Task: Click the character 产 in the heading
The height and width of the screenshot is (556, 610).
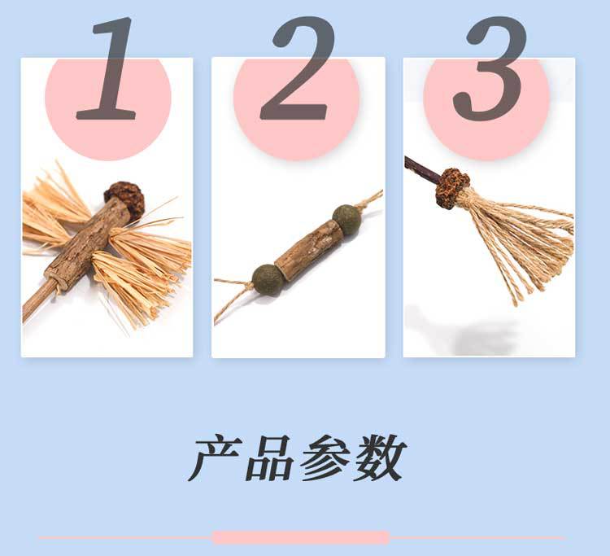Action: pos(216,458)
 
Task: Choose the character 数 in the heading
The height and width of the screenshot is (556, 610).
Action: pos(377,458)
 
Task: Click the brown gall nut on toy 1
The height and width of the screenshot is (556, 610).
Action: pos(122,195)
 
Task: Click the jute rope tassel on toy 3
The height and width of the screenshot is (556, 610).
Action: pos(521,240)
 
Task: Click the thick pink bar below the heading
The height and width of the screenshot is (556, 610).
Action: pos(300,537)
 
